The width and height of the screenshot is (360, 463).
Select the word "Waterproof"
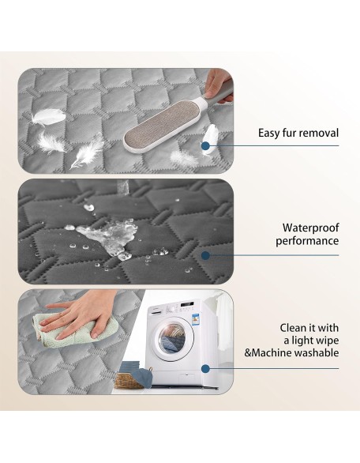(311, 228)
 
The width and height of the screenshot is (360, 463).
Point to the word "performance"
(307, 241)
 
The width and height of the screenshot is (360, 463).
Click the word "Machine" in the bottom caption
(271, 352)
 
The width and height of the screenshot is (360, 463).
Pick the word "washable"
(317, 352)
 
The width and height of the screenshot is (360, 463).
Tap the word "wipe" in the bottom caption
(328, 341)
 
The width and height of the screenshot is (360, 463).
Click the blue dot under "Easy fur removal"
(206, 145)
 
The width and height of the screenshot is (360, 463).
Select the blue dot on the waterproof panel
(206, 255)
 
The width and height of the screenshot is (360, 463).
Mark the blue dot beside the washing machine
(206, 368)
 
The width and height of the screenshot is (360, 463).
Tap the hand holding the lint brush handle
(217, 85)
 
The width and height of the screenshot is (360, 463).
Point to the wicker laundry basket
(129, 380)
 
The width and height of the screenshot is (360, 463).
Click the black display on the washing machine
(187, 304)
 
